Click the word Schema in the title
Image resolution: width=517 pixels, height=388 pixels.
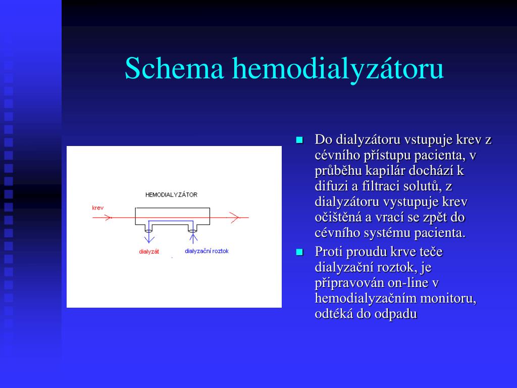(174, 68)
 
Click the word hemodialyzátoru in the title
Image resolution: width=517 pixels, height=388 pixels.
(338, 70)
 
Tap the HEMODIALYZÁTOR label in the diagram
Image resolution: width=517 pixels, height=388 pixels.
(172, 195)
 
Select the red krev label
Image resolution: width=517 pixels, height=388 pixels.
(97, 208)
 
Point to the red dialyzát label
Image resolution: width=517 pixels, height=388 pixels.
(149, 252)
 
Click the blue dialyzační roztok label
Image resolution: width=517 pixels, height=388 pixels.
(206, 251)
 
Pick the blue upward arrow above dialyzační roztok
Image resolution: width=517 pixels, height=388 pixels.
(193, 236)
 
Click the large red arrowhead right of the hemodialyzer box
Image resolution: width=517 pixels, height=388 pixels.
(234, 218)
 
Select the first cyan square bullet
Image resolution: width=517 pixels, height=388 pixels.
(299, 140)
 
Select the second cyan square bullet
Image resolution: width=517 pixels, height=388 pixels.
(299, 253)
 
